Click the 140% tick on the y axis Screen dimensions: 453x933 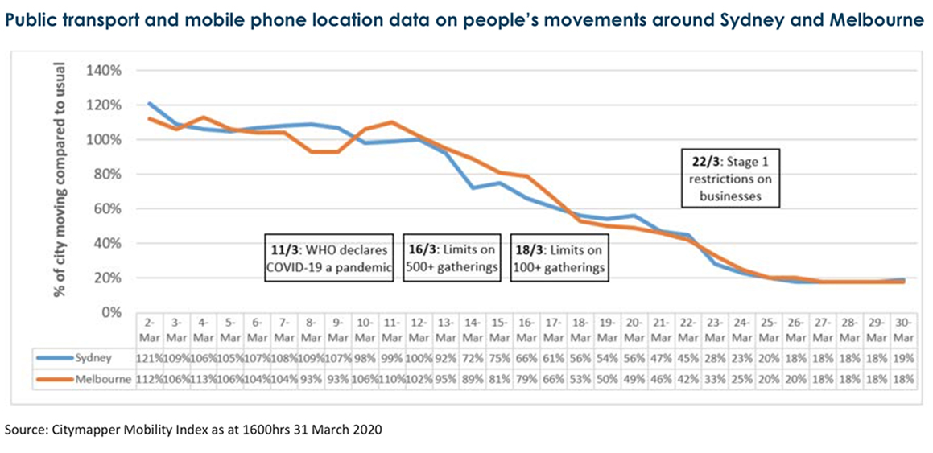coord(104,70)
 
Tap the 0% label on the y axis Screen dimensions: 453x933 coord(110,312)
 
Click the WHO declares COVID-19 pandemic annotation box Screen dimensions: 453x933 coord(330,257)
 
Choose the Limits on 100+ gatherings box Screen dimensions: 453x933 coord(559,257)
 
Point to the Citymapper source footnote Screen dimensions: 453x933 coord(193,430)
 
